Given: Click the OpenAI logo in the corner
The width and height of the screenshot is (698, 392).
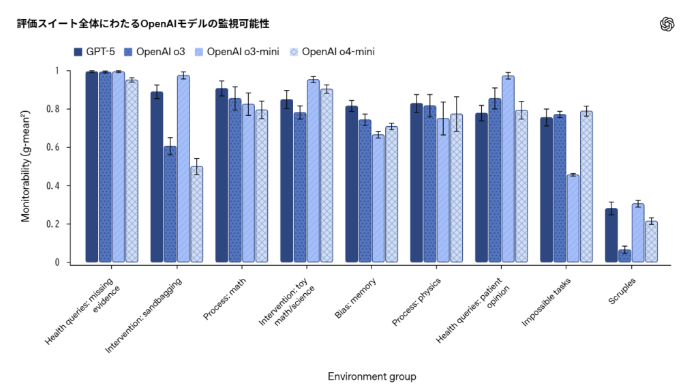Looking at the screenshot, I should pos(667,25).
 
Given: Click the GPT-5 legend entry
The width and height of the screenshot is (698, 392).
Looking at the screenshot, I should pos(94,52).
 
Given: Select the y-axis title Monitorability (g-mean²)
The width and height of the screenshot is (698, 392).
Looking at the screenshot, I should pos(26,167).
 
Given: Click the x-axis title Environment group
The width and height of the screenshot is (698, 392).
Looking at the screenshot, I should pos(371,376).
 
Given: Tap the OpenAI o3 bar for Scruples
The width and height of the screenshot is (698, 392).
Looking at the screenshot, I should pos(624,256).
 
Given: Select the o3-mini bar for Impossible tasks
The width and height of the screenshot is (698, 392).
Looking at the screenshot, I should pos(573,218).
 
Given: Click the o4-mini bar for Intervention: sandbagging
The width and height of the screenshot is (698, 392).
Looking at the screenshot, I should pos(196,214).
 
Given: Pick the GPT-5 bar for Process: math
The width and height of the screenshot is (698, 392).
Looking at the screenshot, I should pos(222,175).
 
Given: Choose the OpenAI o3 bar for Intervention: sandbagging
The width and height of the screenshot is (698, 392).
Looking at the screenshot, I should pos(170,204).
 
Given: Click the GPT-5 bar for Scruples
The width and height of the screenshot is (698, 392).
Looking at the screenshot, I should pos(611,235).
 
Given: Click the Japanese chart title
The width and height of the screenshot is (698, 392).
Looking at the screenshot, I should pos(143,24).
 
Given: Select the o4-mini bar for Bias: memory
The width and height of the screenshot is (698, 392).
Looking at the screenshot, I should pos(391,194).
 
